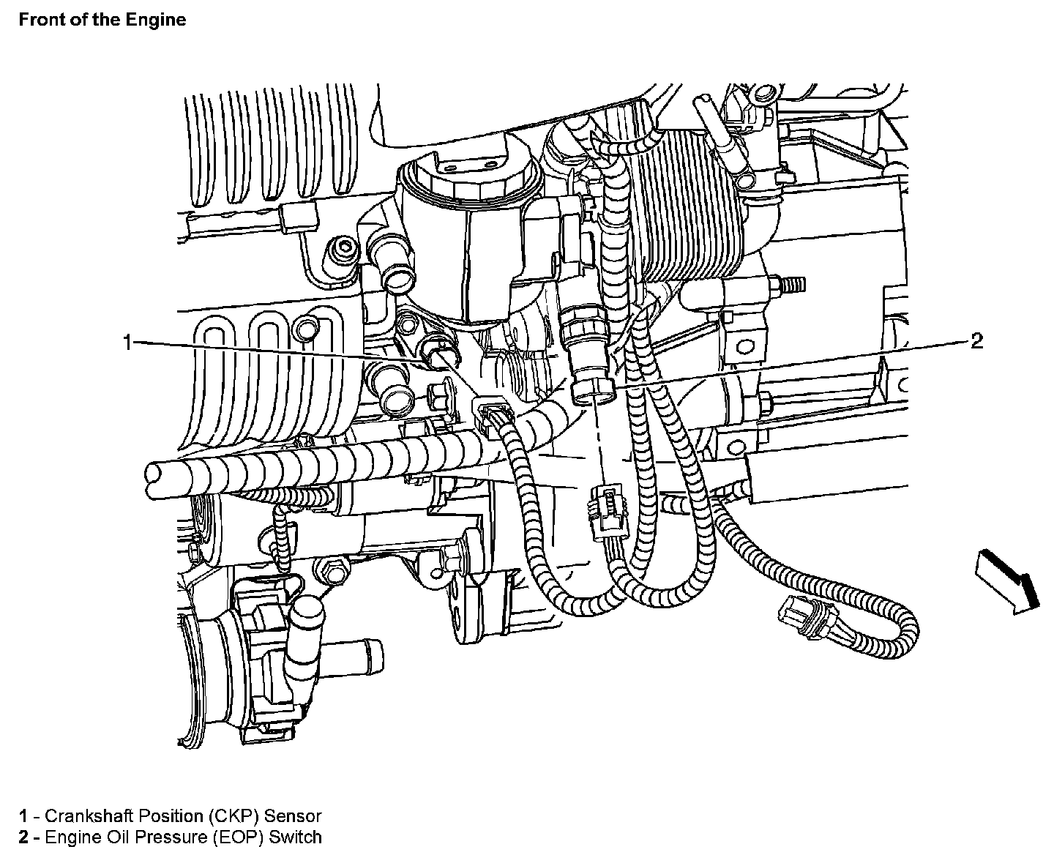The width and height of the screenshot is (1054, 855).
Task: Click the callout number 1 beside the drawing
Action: [x=127, y=342]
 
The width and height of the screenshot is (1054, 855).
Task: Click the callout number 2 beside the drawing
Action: [x=976, y=341]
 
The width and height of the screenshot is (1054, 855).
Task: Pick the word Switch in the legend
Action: [x=295, y=837]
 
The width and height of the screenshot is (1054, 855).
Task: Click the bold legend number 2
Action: [x=24, y=837]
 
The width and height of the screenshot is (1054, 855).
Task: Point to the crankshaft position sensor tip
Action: [x=441, y=358]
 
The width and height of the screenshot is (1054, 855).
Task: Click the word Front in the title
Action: [x=40, y=20]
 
